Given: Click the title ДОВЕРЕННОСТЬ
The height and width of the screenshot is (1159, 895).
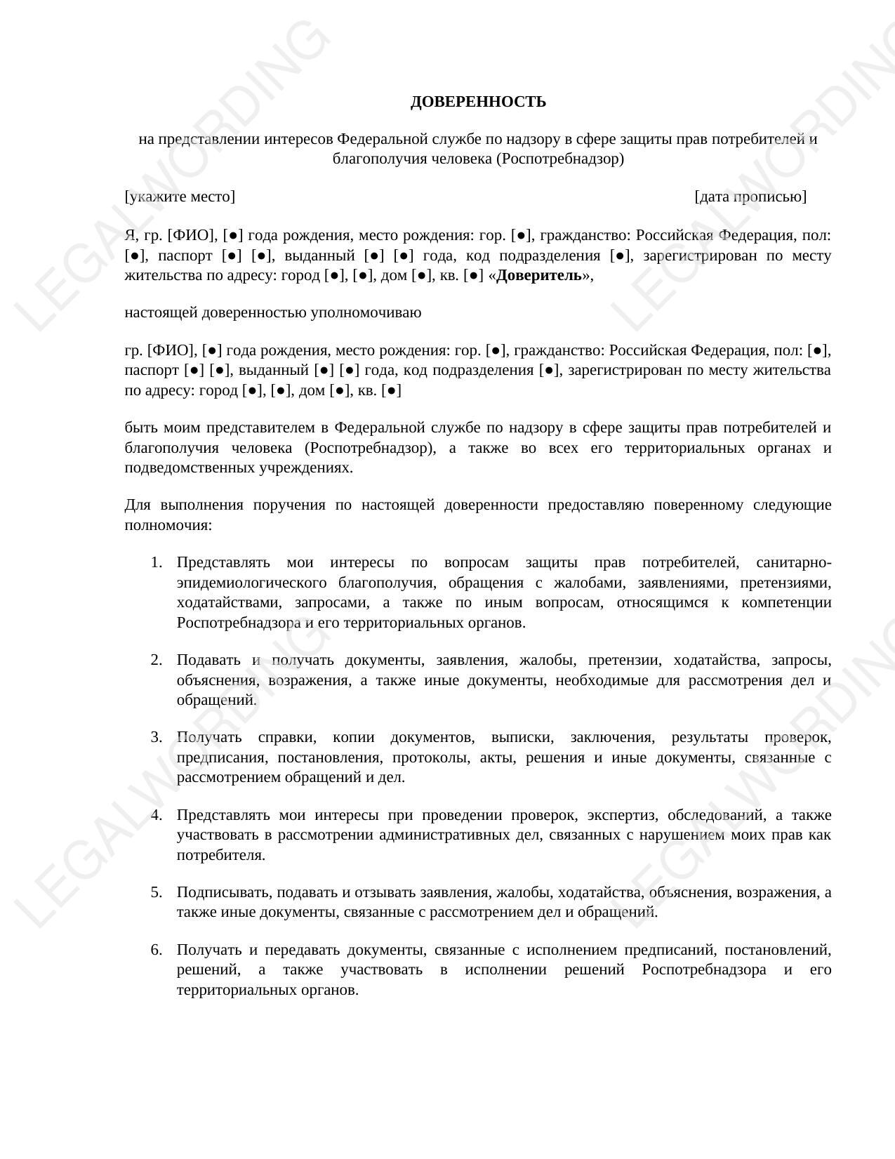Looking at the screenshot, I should [x=478, y=102].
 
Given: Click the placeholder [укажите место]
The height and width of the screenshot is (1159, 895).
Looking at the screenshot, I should [x=180, y=197].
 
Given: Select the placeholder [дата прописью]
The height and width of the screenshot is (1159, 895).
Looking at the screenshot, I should [x=750, y=197].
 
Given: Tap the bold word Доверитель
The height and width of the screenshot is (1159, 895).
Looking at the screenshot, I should [x=539, y=275].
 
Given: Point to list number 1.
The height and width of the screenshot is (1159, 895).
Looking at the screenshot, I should [x=156, y=563].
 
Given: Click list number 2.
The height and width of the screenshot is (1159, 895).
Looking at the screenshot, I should [x=156, y=660].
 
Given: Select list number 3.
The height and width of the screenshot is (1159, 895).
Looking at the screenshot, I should [x=156, y=737].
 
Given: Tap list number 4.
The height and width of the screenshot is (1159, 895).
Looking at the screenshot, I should [x=156, y=815].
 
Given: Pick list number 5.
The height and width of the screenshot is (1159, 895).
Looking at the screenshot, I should [x=156, y=892].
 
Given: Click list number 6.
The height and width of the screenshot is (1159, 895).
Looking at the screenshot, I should [x=156, y=950].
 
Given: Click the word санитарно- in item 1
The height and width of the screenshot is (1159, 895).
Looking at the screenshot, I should [x=794, y=563].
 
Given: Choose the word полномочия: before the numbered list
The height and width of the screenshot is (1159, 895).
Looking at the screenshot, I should [x=168, y=525].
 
